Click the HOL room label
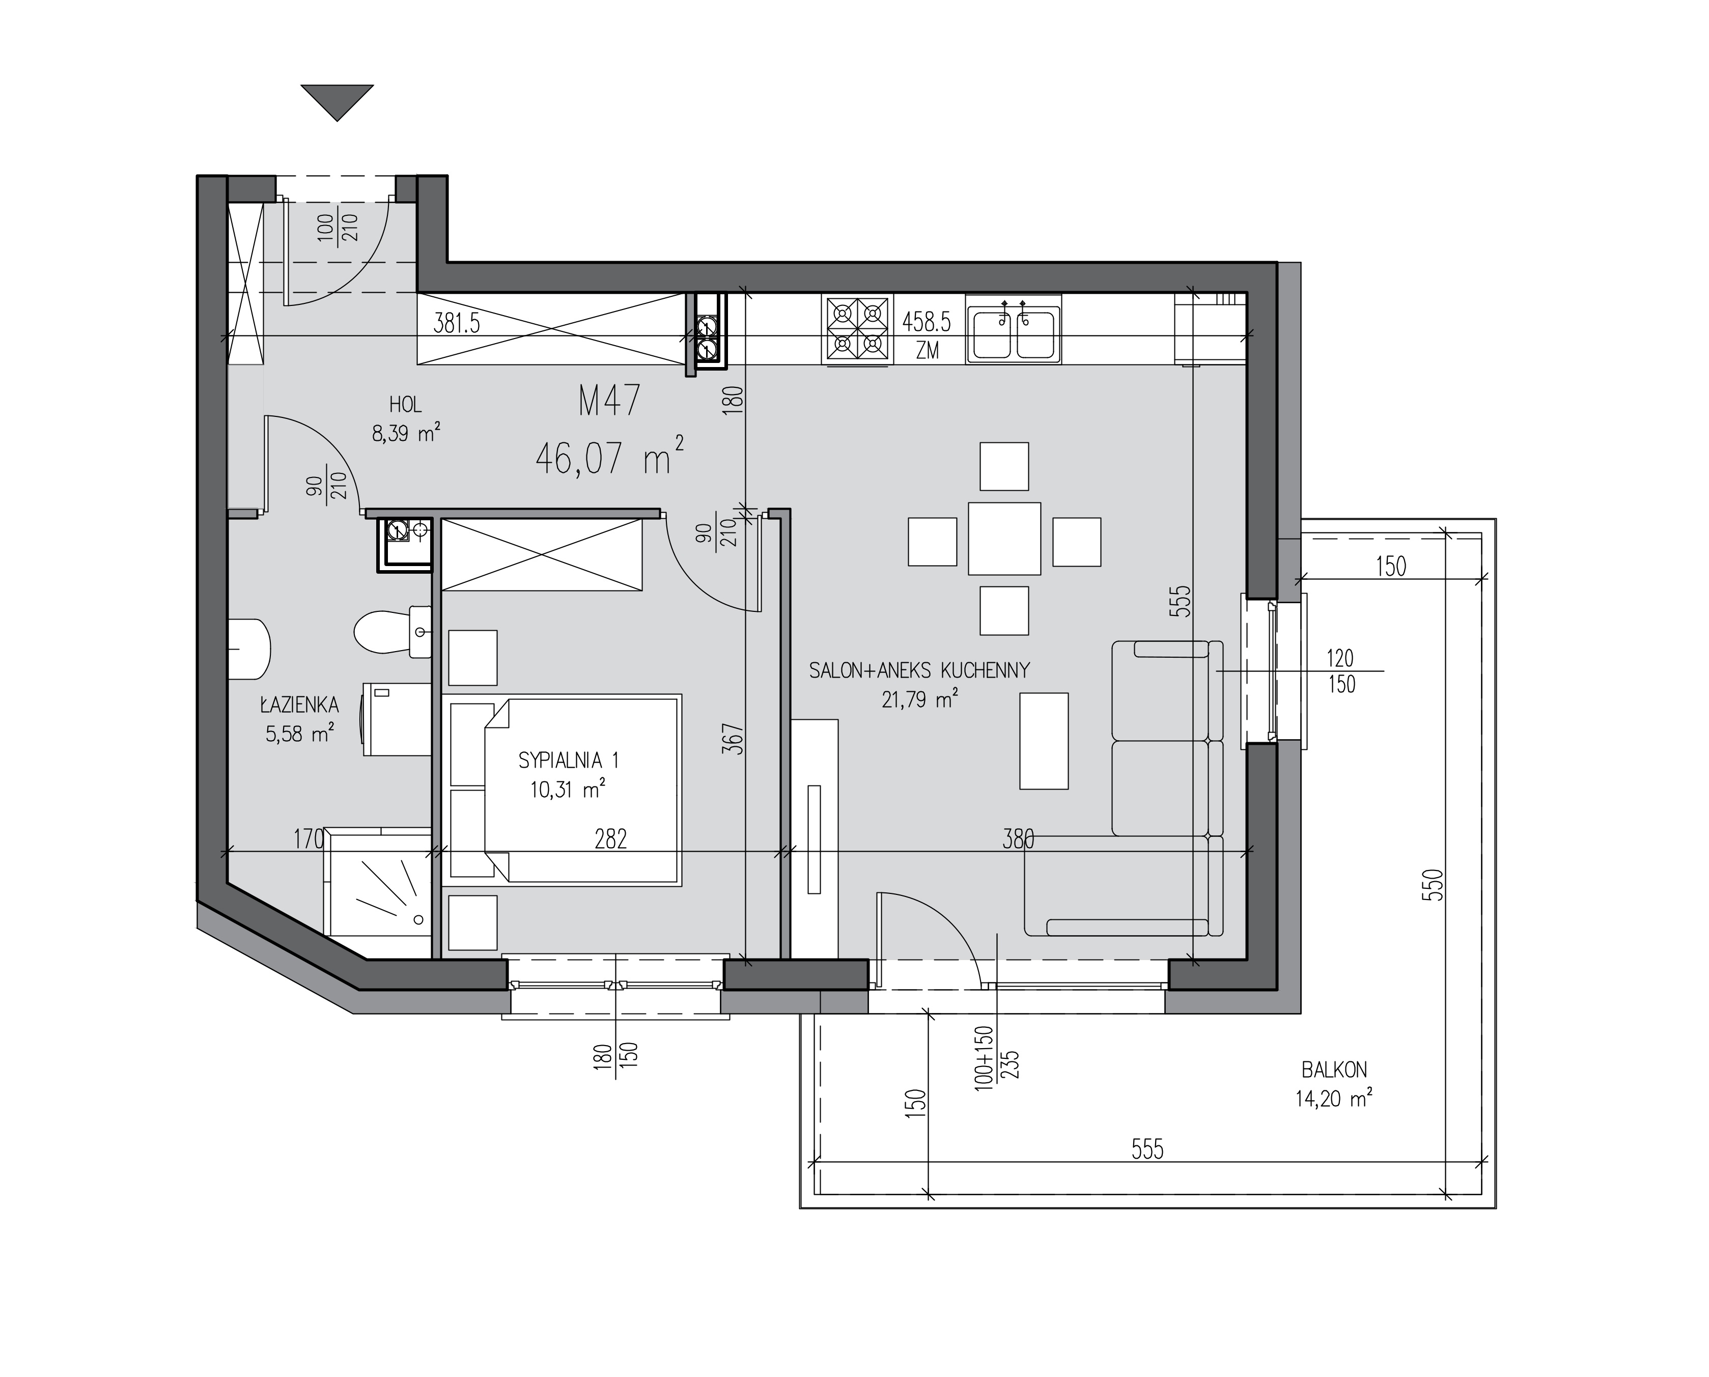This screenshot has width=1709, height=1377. click(405, 405)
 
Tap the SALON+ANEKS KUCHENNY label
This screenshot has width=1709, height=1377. click(919, 670)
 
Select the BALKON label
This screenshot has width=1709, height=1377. click(1334, 1070)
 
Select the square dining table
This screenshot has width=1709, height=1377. click(1004, 539)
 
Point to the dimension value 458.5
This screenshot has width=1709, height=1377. click(926, 322)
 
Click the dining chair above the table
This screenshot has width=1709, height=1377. click(1004, 466)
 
